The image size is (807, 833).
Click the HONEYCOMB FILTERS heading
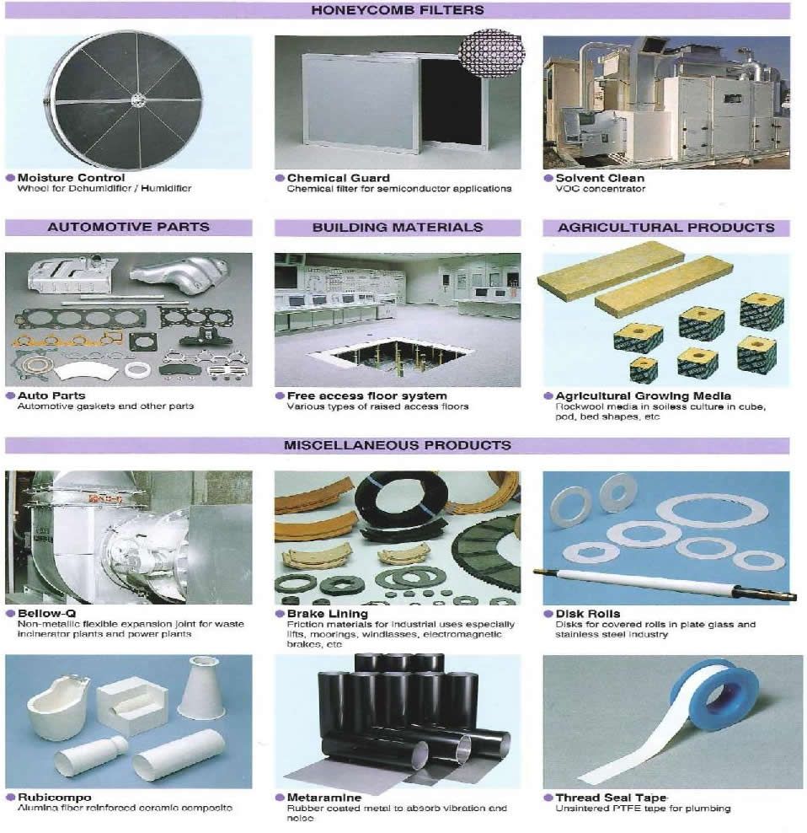pyautogui.click(x=397, y=10)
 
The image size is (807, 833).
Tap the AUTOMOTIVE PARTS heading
pyautogui.click(x=129, y=227)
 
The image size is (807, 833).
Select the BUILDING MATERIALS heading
pyautogui.click(x=398, y=228)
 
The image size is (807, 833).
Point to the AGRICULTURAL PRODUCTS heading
pyautogui.click(x=666, y=228)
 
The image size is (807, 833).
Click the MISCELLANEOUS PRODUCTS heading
pyautogui.click(x=397, y=445)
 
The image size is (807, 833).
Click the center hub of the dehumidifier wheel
pyautogui.click(x=137, y=99)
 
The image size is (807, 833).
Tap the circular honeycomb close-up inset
pyautogui.click(x=491, y=54)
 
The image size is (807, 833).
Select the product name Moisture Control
pyautogui.click(x=71, y=177)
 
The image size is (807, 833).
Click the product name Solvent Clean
pyautogui.click(x=600, y=178)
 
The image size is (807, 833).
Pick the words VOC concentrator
pyautogui.click(x=601, y=189)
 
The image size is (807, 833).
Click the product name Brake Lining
pyautogui.click(x=327, y=614)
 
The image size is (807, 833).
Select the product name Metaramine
pyautogui.click(x=323, y=798)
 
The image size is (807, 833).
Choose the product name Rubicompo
pyautogui.click(x=54, y=797)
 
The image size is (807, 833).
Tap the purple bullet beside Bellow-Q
pyautogui.click(x=10, y=613)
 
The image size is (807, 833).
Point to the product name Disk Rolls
pyautogui.click(x=588, y=614)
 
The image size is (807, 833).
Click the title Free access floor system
pyautogui.click(x=367, y=395)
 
